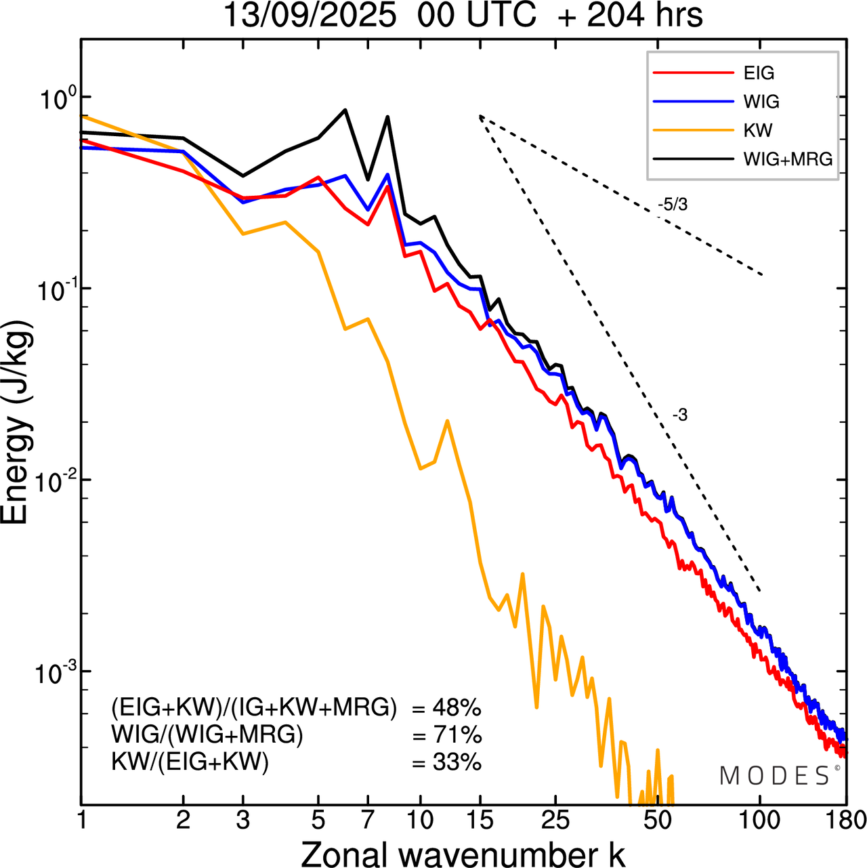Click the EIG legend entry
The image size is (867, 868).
(x=758, y=73)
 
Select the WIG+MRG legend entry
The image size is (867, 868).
(x=787, y=159)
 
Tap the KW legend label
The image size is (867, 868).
(x=757, y=131)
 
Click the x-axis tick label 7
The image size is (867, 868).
(x=368, y=821)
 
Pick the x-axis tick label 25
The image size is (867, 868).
(x=555, y=821)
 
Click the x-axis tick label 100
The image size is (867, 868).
(x=759, y=821)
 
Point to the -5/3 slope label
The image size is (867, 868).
(x=673, y=205)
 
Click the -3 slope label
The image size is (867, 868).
(x=680, y=415)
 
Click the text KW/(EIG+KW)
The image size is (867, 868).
(x=190, y=762)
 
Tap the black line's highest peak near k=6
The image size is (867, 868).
(x=345, y=110)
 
